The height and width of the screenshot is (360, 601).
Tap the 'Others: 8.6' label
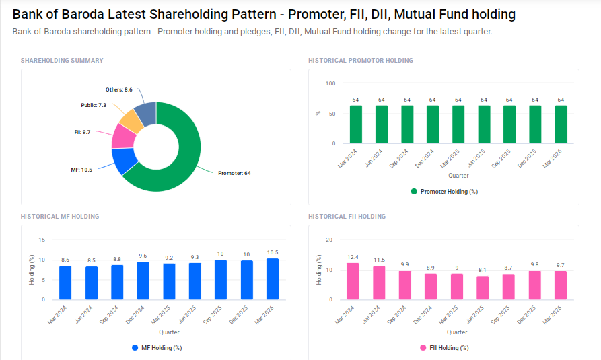[119, 89]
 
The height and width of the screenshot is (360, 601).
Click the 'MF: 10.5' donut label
[81, 170]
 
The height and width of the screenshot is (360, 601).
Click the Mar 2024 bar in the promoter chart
[355, 124]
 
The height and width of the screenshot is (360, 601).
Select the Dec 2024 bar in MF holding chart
[143, 281]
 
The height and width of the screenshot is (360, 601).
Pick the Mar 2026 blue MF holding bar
[272, 279]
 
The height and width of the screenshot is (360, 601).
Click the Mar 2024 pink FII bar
[353, 281]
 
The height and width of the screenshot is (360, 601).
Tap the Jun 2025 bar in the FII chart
[483, 288]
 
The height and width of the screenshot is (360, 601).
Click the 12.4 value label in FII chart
[353, 257]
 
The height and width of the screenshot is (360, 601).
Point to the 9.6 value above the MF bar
[143, 256]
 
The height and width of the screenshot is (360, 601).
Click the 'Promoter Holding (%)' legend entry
[444, 192]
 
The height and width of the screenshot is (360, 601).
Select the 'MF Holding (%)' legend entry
[156, 348]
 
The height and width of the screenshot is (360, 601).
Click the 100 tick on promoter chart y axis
[330, 83]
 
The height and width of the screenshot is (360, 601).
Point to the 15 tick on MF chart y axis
[42, 240]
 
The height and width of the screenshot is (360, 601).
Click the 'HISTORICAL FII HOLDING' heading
[347, 217]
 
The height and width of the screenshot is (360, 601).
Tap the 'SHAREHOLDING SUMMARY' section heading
[62, 61]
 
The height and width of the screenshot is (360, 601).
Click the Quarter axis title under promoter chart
[458, 176]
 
